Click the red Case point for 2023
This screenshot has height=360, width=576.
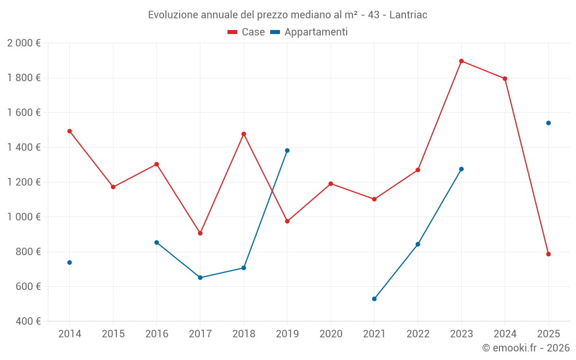point(461,61)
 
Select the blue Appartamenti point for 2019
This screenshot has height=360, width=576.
point(287,150)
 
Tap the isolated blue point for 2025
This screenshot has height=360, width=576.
point(548,123)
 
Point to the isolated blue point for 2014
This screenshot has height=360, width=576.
point(70,262)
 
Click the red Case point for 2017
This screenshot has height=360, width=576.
point(200,233)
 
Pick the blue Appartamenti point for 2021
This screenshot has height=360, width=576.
point(374,299)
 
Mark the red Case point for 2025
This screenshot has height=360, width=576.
point(548,254)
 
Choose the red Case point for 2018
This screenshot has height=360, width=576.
point(244,134)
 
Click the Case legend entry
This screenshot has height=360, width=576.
point(246,32)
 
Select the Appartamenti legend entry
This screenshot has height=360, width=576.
point(309,32)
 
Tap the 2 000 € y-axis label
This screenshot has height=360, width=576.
point(24,43)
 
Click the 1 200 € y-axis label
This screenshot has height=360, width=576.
point(24,183)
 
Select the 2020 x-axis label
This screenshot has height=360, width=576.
point(331,334)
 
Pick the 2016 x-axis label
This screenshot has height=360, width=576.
point(157,334)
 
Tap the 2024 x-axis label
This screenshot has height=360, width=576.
point(505,334)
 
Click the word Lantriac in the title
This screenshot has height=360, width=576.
point(408,14)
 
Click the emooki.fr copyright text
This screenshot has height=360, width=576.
point(526,348)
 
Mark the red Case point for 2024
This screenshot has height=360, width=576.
point(505,79)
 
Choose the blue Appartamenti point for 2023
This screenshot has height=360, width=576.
point(461,169)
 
